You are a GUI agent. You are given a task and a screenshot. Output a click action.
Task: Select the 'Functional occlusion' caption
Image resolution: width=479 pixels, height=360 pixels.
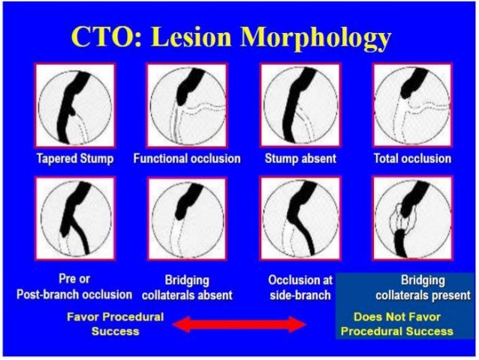point(187,159)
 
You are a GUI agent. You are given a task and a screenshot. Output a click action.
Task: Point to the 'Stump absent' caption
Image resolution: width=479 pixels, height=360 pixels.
point(300,159)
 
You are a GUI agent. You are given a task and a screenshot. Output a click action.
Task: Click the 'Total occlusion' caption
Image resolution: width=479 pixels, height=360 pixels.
point(412,159)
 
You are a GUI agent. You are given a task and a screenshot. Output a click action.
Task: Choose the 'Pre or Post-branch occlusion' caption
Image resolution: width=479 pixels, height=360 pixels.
point(74,286)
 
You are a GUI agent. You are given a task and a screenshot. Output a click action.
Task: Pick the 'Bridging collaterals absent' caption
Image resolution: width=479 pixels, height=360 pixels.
point(187,286)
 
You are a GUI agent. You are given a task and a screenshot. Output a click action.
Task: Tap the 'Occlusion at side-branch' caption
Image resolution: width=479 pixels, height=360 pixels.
point(300,286)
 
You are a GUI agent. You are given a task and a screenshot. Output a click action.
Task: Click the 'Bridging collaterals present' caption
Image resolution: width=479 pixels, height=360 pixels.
point(411,286)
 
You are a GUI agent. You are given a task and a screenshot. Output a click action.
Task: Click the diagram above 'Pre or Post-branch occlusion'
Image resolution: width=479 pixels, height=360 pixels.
point(74,219)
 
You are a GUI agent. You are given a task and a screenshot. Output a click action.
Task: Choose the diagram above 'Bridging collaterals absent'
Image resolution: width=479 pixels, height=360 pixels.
point(187,219)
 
